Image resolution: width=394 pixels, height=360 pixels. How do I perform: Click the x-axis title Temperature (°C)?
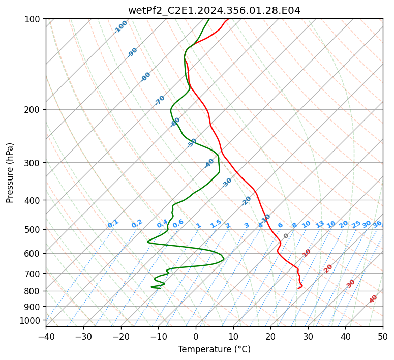coord(214,350)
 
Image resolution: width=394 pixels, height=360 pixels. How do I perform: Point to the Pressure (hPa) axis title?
coord(10,173)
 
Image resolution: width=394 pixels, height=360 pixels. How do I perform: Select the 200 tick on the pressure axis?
coord(34,110)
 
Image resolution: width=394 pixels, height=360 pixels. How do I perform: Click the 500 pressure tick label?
coord(34,230)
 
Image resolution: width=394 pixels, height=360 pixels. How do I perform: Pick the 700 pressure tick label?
coord(34,274)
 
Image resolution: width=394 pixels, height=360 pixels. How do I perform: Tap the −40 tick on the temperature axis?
coord(46,337)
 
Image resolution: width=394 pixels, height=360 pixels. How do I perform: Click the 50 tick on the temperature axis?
coord(383,337)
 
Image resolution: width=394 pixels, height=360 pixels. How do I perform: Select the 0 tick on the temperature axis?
coord(196,337)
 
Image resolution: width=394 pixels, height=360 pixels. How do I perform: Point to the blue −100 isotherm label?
coord(120,27)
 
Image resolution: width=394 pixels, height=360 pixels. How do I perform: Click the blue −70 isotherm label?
coord(160,100)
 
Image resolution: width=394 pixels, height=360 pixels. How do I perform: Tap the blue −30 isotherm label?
coord(227,183)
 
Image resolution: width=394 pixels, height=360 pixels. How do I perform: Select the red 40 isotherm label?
coord(373,299)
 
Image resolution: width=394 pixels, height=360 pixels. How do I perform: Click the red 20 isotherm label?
coord(328,268)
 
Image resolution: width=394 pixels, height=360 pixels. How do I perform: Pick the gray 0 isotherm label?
coord(286,236)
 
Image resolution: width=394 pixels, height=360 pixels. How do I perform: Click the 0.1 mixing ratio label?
coord(113,224)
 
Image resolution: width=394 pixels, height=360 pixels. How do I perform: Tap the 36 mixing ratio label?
coord(377,224)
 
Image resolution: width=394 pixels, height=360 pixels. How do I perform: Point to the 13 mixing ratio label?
coord(320,224)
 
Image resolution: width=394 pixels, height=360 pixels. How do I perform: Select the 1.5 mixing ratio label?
coord(216,224)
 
